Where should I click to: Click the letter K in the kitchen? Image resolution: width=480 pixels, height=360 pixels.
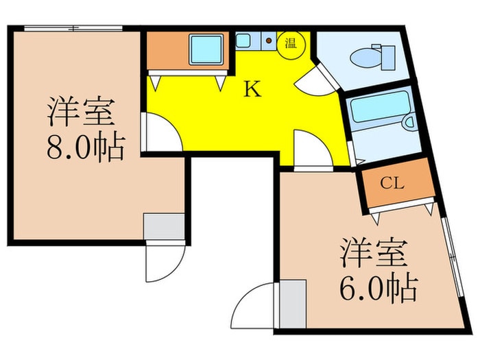pyautogui.click(x=253, y=90)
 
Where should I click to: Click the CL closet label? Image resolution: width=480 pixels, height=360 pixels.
pyautogui.click(x=392, y=184)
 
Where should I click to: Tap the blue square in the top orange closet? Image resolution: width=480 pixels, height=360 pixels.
pyautogui.click(x=205, y=49)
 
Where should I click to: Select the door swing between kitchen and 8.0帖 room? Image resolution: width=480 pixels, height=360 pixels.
pyautogui.click(x=161, y=134)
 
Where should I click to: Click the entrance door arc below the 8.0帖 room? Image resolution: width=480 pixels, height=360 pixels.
pyautogui.click(x=163, y=264)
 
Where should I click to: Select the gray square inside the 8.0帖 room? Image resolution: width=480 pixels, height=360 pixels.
pyautogui.click(x=164, y=226)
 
